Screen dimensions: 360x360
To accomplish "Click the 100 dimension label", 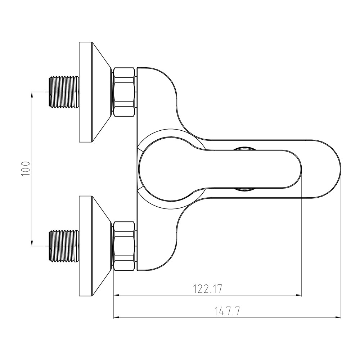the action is point(26,169).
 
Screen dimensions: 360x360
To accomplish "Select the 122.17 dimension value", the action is point(208,289).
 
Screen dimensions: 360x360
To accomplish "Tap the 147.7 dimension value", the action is point(227,311).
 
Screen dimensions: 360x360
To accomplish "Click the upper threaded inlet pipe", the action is point(64,92).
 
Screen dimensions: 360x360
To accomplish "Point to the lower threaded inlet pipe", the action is point(64,246).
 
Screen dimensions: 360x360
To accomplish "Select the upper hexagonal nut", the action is point(124,92).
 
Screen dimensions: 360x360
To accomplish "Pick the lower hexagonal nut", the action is point(124,246).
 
